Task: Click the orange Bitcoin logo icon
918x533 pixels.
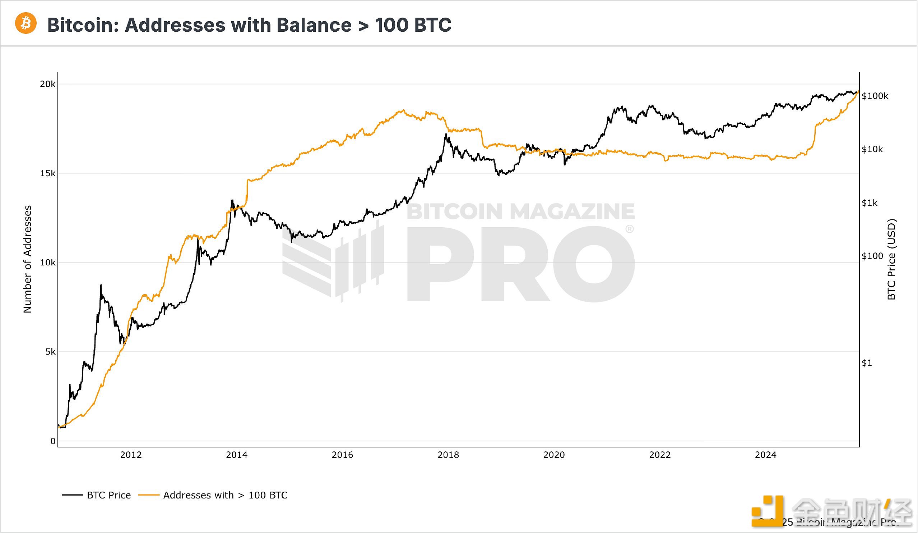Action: (x=25, y=23)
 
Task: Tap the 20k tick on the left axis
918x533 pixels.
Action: (x=48, y=84)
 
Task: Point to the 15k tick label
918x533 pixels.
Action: (x=48, y=173)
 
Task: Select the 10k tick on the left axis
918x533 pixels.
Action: (x=48, y=263)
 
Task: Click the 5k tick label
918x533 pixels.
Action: (x=50, y=352)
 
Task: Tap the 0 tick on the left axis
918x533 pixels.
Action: (x=53, y=441)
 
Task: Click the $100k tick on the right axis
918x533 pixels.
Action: (x=875, y=96)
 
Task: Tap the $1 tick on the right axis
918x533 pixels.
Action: (x=867, y=363)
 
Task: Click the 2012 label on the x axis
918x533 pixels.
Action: (x=131, y=455)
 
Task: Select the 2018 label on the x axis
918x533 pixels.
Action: (x=448, y=455)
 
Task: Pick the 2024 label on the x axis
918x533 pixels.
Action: (x=766, y=455)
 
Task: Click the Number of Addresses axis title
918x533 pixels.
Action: (x=28, y=259)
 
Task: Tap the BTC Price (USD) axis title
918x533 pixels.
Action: (x=891, y=259)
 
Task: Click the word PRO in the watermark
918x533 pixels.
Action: (x=521, y=264)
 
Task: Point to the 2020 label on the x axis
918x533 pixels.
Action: (x=554, y=455)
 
